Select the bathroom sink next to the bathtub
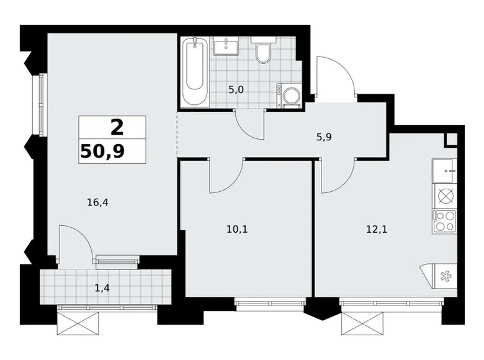point(226,46)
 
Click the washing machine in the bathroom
point(289,96)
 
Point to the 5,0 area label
point(236,90)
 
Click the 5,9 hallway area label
point(324,137)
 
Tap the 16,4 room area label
point(97,202)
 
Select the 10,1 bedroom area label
point(237,230)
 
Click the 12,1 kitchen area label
point(377,230)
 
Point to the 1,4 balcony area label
point(102,289)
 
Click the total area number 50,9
point(102,151)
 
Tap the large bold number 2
point(117,127)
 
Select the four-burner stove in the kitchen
point(444,222)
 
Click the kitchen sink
point(444,171)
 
